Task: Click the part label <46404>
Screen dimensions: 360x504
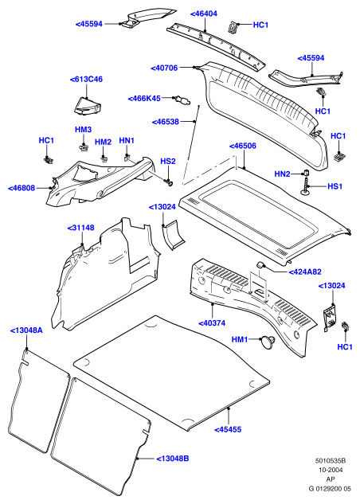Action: pyautogui.click(x=204, y=14)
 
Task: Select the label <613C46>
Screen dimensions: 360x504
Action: pyautogui.click(x=86, y=79)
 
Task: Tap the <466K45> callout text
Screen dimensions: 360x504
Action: pyautogui.click(x=144, y=99)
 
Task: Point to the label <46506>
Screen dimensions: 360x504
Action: pyautogui.click(x=243, y=146)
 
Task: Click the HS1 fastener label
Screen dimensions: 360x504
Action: pyautogui.click(x=335, y=186)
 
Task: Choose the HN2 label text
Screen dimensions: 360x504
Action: pyautogui.click(x=282, y=174)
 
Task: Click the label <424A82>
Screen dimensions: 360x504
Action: pyautogui.click(x=305, y=272)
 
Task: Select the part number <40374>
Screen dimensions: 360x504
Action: pyautogui.click(x=212, y=323)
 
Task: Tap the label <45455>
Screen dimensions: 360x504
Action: pyautogui.click(x=228, y=429)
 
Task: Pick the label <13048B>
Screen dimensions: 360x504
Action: pyautogui.click(x=173, y=459)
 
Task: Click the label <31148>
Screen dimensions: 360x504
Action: pyautogui.click(x=80, y=228)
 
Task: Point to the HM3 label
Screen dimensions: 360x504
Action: pyautogui.click(x=84, y=130)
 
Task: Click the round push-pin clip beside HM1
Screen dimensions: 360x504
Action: pyautogui.click(x=267, y=341)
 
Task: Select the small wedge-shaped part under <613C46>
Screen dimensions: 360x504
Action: pyautogui.click(x=88, y=106)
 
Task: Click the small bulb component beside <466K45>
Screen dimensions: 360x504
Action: pyautogui.click(x=182, y=100)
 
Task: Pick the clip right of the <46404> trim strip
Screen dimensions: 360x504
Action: pyautogui.click(x=233, y=27)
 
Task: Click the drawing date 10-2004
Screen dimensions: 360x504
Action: pyautogui.click(x=331, y=470)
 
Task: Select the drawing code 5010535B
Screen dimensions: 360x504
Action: pyautogui.click(x=330, y=461)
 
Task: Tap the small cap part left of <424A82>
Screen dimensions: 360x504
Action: pyautogui.click(x=260, y=264)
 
